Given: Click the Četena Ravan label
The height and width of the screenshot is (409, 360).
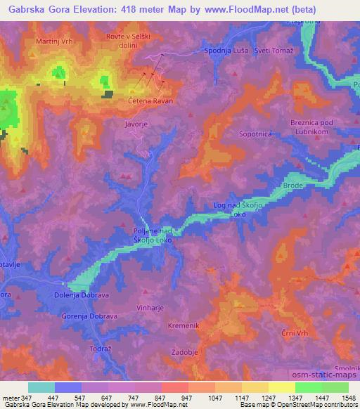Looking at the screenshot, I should [x=150, y=100].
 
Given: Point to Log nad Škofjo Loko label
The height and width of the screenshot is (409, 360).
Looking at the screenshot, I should [x=236, y=209].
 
